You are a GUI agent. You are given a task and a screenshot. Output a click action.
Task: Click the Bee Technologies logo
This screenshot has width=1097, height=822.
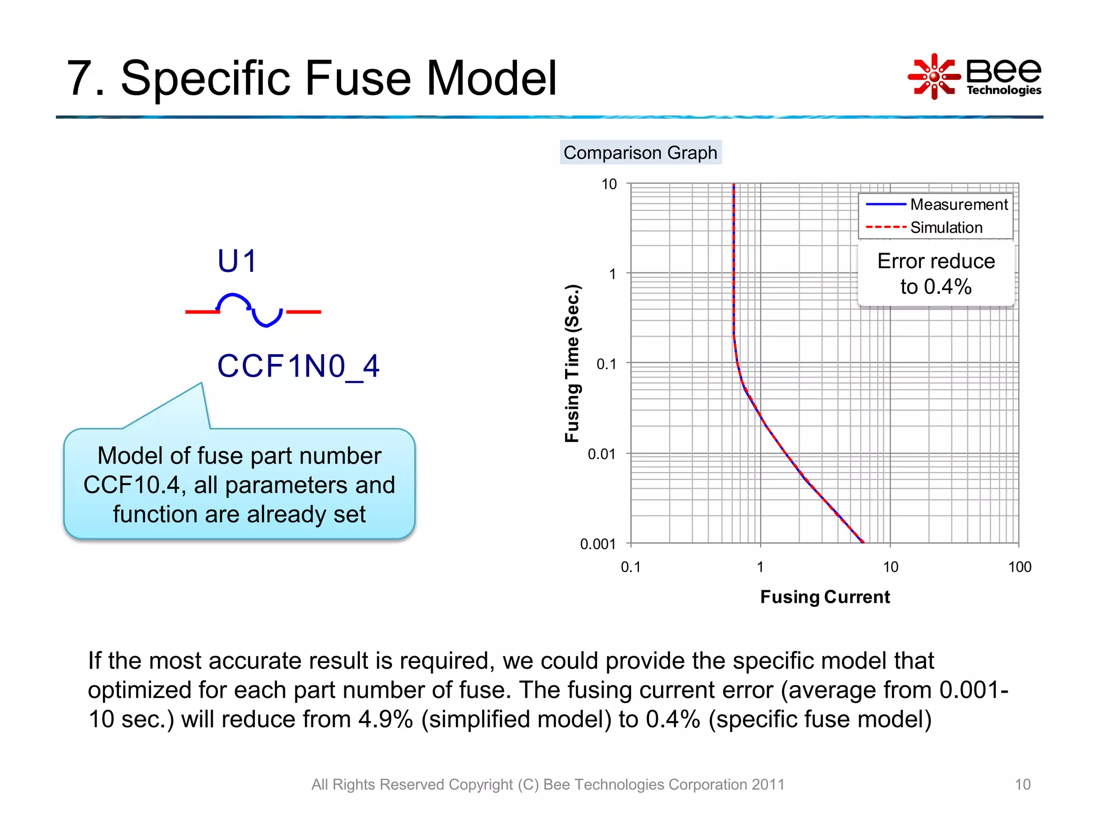point(975,77)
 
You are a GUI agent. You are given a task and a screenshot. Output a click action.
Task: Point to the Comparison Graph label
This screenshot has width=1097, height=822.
point(640,153)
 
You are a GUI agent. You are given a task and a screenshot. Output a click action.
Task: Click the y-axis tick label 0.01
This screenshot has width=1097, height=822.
point(601,454)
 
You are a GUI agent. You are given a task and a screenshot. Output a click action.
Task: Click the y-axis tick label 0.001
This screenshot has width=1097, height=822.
point(597,544)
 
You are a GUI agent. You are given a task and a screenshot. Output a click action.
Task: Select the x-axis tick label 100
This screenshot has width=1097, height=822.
point(1019,567)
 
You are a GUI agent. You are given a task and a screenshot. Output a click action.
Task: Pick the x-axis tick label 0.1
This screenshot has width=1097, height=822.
point(630,567)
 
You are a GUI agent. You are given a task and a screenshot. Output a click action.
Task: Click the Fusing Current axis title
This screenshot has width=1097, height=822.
point(825,597)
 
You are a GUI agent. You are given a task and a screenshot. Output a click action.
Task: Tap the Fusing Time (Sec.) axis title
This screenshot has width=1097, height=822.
point(572,364)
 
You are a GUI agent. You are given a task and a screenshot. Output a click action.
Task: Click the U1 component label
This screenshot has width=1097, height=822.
point(237,262)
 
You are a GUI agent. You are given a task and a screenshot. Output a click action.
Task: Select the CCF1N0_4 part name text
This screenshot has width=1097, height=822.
point(298,367)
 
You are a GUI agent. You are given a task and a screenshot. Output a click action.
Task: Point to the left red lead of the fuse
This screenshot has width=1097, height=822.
point(202,311)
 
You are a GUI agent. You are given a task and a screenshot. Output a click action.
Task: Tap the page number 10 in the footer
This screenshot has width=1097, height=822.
point(1022,785)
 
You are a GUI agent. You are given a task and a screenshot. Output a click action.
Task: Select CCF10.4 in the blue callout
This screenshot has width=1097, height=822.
point(131,485)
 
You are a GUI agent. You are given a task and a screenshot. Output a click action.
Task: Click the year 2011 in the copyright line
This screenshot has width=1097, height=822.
point(768,785)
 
